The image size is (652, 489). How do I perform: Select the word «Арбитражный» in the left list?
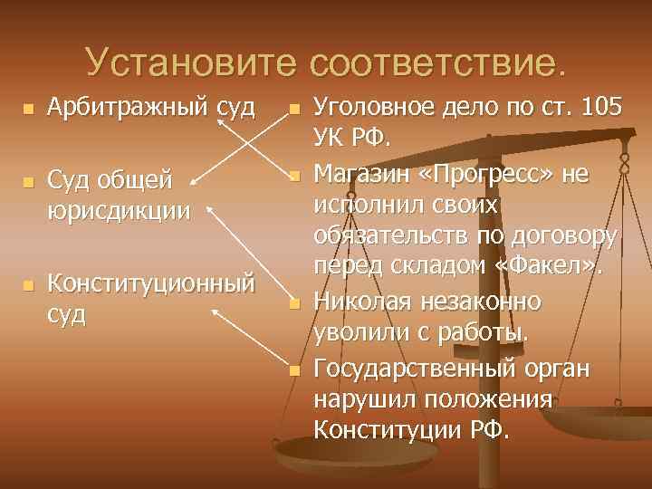128,109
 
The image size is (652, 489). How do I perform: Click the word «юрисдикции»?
119,212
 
